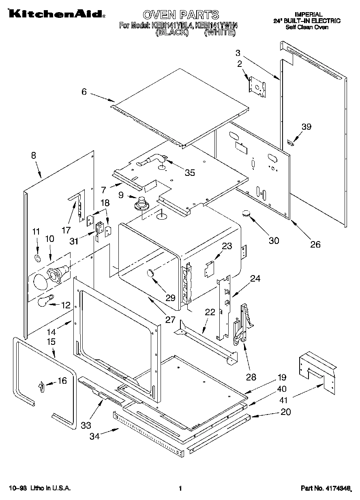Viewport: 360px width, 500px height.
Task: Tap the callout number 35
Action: (x=189, y=173)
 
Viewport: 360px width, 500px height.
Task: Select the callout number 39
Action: (x=306, y=127)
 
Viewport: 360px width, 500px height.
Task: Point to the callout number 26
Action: (x=315, y=244)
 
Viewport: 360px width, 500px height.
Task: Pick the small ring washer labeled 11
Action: (x=37, y=258)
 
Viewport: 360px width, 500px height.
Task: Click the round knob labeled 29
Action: (x=151, y=274)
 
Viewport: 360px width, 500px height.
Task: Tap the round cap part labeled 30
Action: (x=246, y=213)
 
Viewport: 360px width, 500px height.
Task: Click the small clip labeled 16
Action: (x=41, y=387)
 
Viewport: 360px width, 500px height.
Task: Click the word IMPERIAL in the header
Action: (x=308, y=14)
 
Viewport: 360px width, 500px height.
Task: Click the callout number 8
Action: (x=33, y=155)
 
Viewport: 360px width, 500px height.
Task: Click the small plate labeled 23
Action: (x=209, y=268)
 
